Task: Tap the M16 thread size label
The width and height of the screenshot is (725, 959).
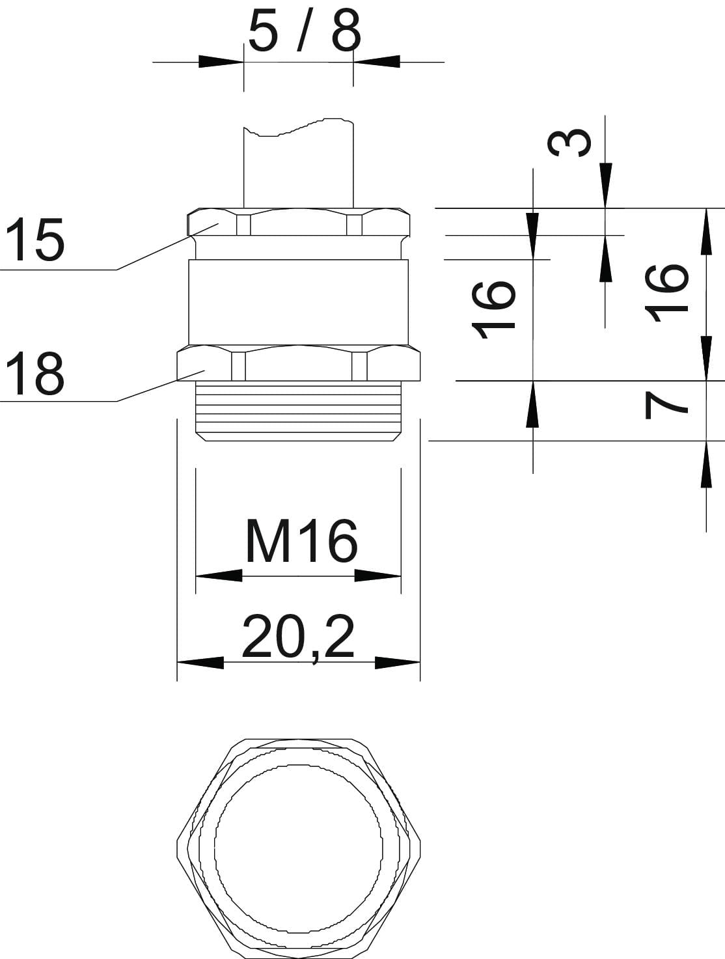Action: (301, 541)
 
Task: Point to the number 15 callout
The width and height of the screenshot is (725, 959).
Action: (36, 240)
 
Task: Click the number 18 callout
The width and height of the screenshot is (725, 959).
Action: (36, 374)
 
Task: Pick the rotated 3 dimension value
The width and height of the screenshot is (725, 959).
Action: (569, 143)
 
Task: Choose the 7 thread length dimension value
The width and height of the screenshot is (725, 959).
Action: (666, 406)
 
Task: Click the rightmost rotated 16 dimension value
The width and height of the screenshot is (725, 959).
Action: (666, 293)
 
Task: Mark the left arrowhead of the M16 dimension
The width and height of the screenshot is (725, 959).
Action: (219, 576)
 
